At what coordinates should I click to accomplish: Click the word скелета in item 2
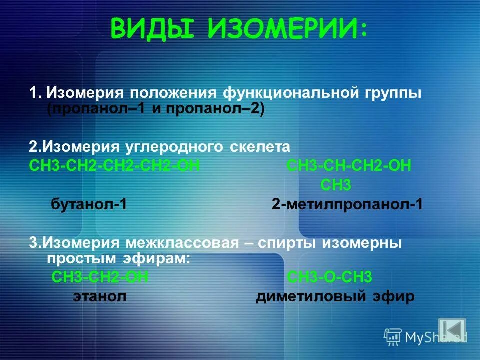pos(260,147)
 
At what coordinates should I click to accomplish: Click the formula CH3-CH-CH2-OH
pos(349,166)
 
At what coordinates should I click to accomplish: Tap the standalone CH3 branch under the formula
pos(335,185)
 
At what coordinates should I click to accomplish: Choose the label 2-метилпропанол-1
pos(347,204)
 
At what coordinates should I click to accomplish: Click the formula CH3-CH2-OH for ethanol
pos(100,277)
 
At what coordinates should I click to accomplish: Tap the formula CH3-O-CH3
pos(330,277)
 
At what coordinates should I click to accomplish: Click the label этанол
pos(100,296)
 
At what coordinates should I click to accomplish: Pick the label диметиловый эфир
pos(335,296)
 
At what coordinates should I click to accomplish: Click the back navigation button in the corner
pos(451,330)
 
